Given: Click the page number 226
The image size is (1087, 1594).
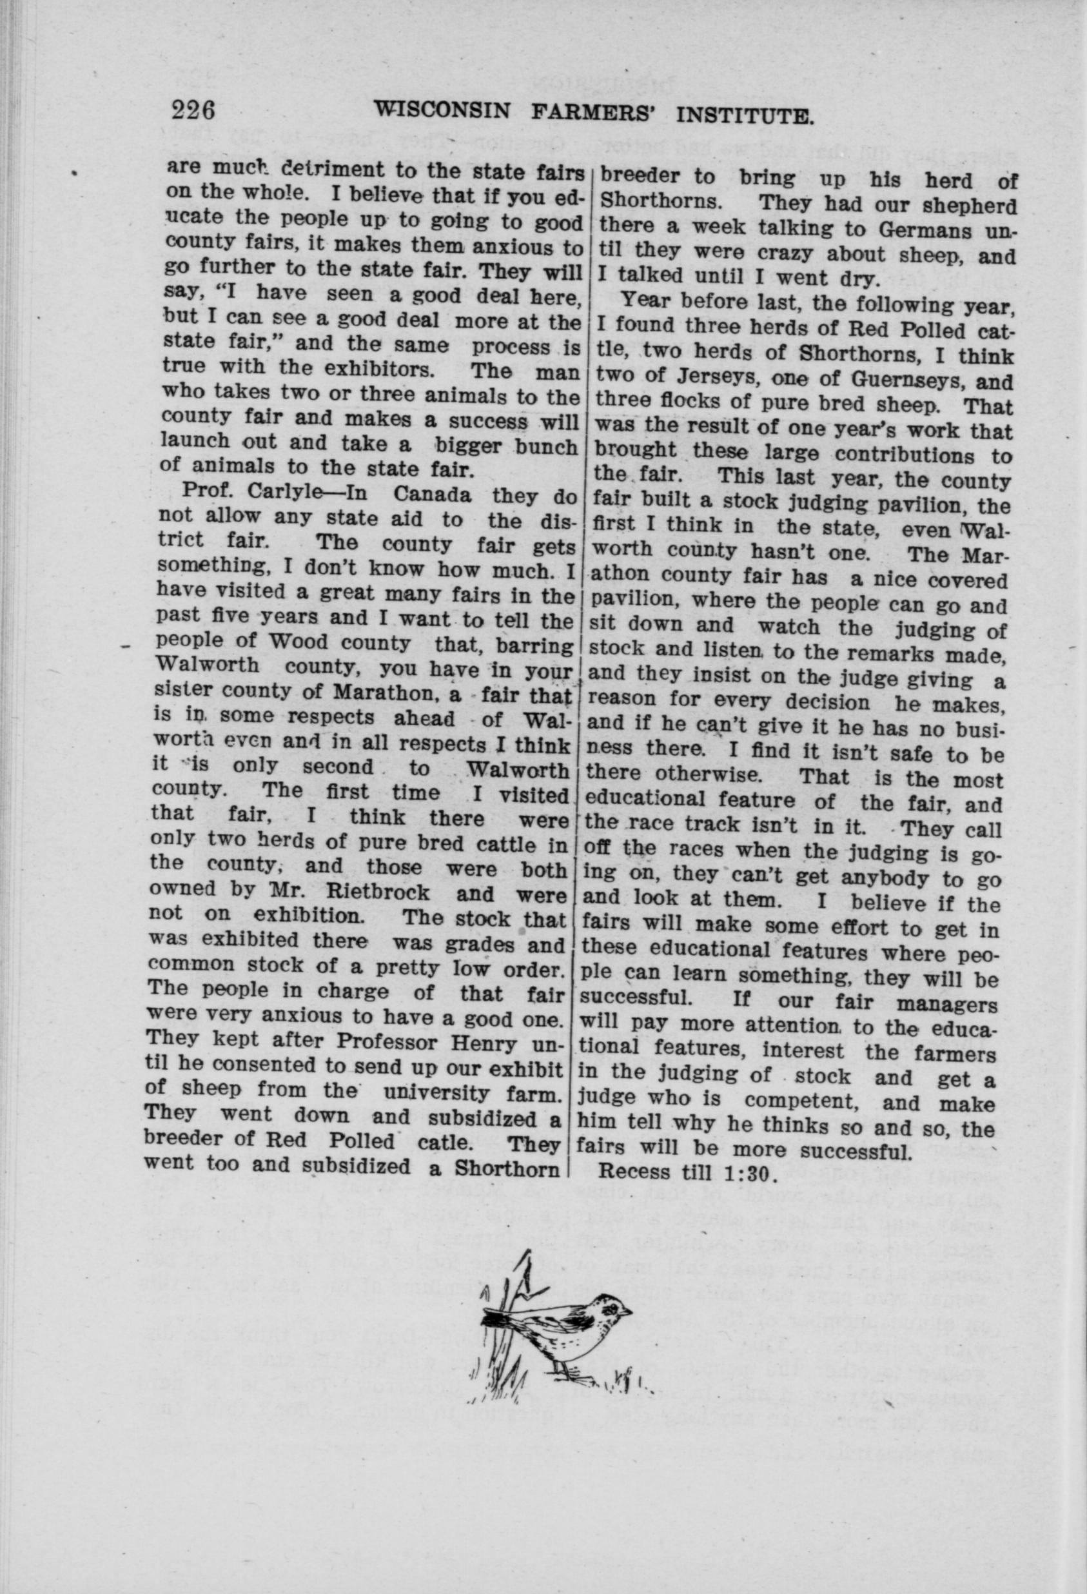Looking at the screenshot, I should pos(194,110).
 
